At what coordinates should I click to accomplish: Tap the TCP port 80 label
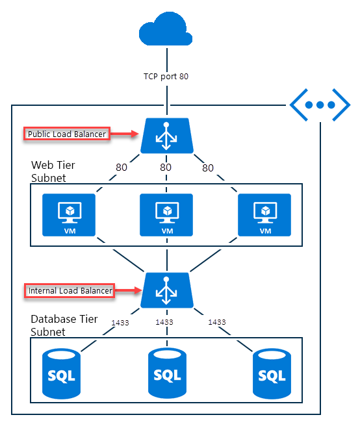tap(166, 76)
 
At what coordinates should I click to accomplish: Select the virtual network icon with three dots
tap(321, 105)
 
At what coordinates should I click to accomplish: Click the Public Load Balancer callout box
tap(66, 134)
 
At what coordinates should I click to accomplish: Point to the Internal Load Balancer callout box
tap(70, 290)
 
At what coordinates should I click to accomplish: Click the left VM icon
tap(68, 215)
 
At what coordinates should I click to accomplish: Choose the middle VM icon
tap(166, 215)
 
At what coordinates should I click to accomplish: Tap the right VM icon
tap(264, 215)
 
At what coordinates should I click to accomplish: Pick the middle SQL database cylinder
tap(167, 373)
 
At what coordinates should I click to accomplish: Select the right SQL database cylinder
tap(271, 373)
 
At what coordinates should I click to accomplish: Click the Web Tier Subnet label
tap(53, 171)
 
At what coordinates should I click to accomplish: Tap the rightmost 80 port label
tap(208, 168)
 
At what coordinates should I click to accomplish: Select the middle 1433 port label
tap(164, 322)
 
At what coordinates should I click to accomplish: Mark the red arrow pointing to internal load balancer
tap(129, 290)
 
